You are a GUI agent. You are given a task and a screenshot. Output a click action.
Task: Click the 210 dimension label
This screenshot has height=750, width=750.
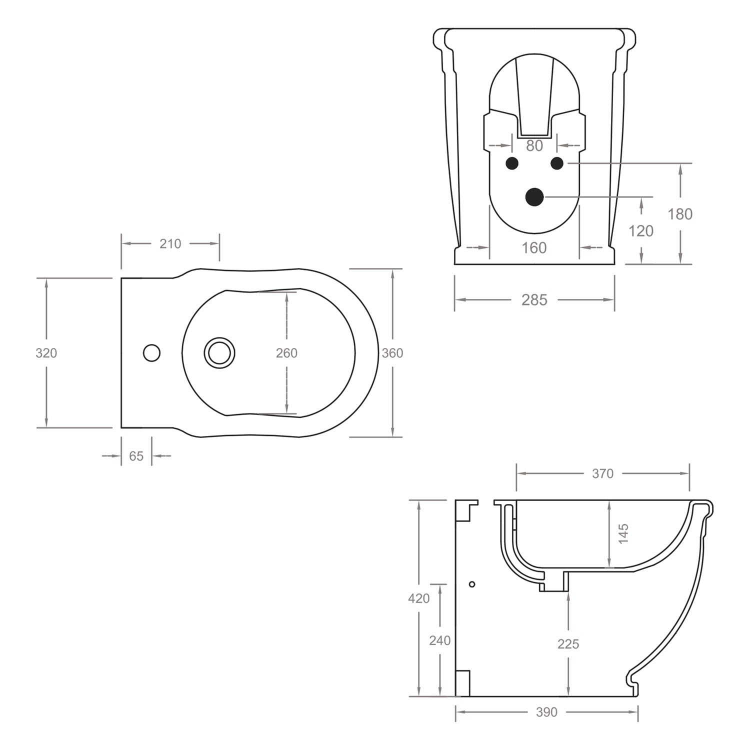tap(170, 244)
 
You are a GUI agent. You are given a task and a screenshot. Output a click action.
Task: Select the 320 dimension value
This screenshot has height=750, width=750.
tap(46, 353)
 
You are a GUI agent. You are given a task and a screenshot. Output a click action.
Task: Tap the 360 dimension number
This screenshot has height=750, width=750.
tap(392, 353)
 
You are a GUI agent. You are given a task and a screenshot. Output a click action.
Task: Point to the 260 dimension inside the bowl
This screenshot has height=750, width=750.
tap(286, 353)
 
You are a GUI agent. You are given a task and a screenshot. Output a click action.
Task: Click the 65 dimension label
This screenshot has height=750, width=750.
tap(136, 456)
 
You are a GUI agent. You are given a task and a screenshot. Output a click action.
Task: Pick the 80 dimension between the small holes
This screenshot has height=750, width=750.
tap(534, 145)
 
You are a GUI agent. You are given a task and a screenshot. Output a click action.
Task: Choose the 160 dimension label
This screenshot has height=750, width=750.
tap(534, 248)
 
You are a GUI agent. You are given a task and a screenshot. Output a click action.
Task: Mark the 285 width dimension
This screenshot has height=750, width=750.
tap(534, 300)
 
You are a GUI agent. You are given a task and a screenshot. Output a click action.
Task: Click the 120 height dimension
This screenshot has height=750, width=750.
tap(641, 230)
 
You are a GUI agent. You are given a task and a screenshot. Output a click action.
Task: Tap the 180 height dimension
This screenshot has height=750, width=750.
tap(680, 214)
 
